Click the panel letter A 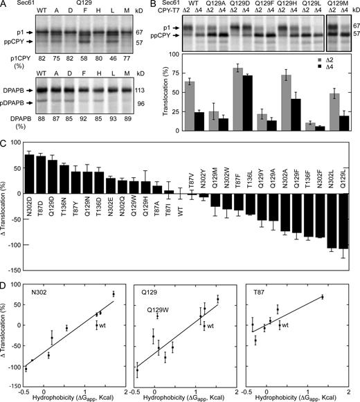click(x=4, y=5)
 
